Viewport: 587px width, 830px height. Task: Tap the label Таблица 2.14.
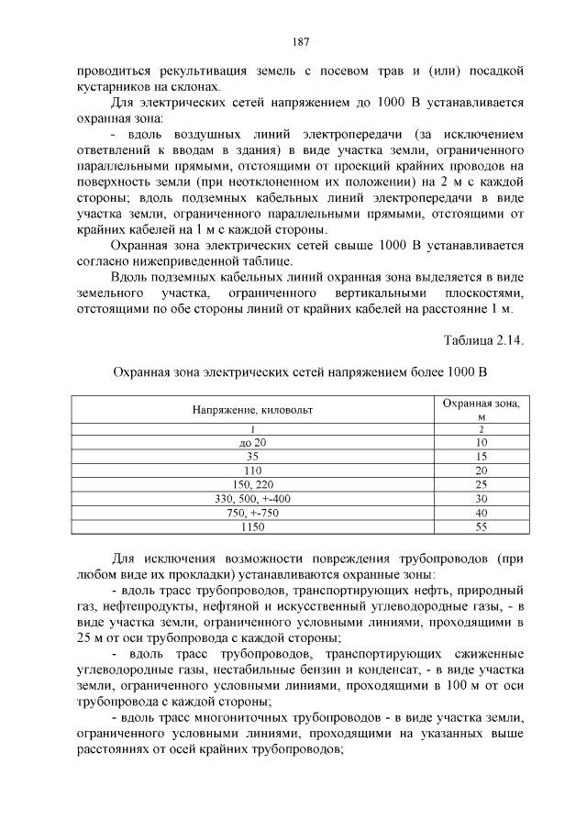pyautogui.click(x=483, y=340)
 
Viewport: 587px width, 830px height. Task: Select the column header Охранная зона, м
pyautogui.click(x=481, y=409)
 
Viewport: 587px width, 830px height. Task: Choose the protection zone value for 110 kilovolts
pyautogui.click(x=481, y=470)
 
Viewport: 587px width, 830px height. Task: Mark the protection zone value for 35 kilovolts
pyautogui.click(x=481, y=456)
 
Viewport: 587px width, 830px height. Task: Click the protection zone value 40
pyautogui.click(x=481, y=512)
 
